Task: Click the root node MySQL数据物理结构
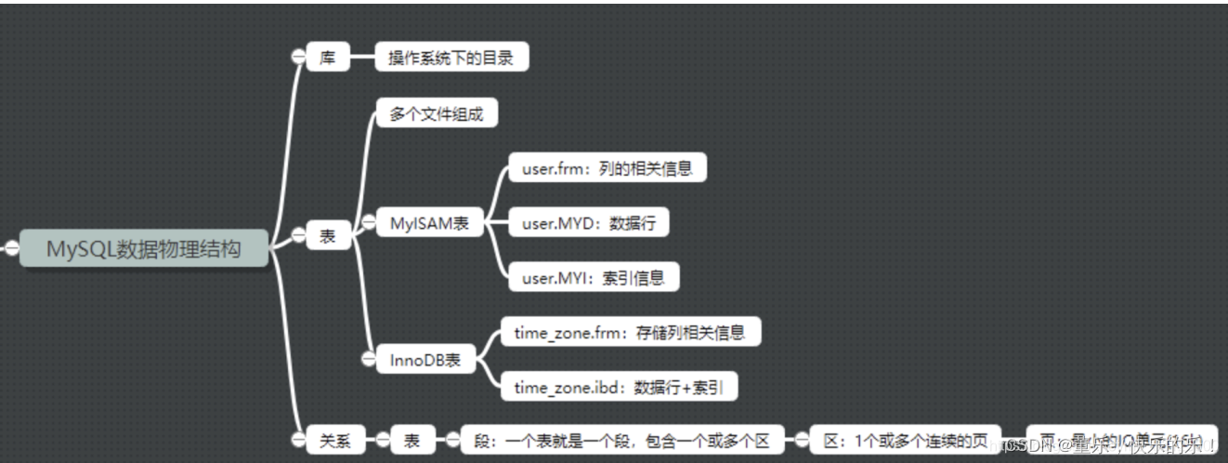(x=144, y=248)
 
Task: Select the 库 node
(x=328, y=58)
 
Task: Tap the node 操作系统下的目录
(x=451, y=58)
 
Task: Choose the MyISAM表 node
(x=429, y=223)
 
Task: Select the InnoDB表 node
(x=425, y=359)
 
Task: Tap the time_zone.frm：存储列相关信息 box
(x=631, y=331)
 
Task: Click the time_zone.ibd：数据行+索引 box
(x=619, y=387)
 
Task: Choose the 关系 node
(x=335, y=441)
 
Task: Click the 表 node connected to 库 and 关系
(x=328, y=236)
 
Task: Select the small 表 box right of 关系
(x=412, y=441)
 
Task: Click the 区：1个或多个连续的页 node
(x=905, y=441)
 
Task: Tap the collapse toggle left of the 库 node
(x=297, y=57)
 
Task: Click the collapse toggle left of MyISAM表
(x=367, y=223)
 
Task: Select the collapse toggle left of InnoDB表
(x=368, y=359)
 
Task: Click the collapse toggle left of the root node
(x=12, y=248)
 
